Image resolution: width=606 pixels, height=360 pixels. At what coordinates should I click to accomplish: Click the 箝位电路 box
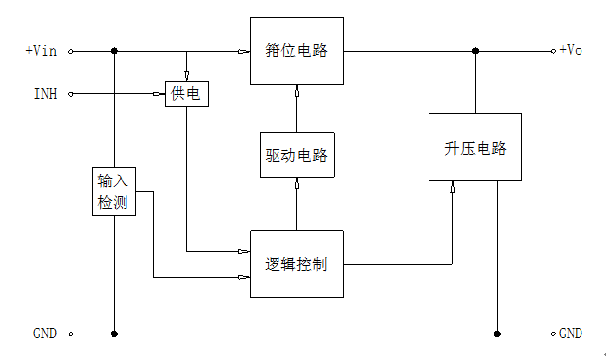pyautogui.click(x=297, y=50)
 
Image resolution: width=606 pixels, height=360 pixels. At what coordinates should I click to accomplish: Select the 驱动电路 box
pyautogui.click(x=297, y=155)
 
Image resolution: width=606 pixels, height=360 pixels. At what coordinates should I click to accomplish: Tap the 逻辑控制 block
pyautogui.click(x=297, y=264)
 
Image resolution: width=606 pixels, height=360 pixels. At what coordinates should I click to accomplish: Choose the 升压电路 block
pyautogui.click(x=475, y=147)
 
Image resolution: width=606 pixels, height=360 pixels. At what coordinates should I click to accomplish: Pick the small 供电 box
pyautogui.click(x=186, y=94)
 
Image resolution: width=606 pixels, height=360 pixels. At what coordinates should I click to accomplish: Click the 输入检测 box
pyautogui.click(x=111, y=191)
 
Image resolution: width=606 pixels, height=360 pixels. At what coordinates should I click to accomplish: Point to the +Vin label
pyautogui.click(x=40, y=51)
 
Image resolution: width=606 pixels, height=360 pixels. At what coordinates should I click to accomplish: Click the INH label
pyautogui.click(x=45, y=94)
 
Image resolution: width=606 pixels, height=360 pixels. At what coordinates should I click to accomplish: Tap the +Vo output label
pyautogui.click(x=572, y=51)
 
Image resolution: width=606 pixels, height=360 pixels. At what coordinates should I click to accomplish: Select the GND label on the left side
pyautogui.click(x=45, y=334)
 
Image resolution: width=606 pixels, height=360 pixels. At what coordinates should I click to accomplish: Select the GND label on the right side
pyautogui.click(x=572, y=334)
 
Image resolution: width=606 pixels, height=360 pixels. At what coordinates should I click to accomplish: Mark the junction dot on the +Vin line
pyautogui.click(x=115, y=51)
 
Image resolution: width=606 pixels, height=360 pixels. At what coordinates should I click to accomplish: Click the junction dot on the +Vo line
pyautogui.click(x=475, y=51)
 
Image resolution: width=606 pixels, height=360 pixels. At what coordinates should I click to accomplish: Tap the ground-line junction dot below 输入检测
pyautogui.click(x=115, y=334)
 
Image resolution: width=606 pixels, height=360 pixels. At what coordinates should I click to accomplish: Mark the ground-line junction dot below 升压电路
pyautogui.click(x=497, y=334)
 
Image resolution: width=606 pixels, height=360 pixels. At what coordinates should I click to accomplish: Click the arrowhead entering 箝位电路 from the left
pyautogui.click(x=244, y=51)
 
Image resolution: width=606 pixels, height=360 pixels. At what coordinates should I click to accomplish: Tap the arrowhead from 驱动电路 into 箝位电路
pyautogui.click(x=297, y=89)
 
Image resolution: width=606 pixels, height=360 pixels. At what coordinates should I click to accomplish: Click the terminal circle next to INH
pyautogui.click(x=71, y=94)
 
